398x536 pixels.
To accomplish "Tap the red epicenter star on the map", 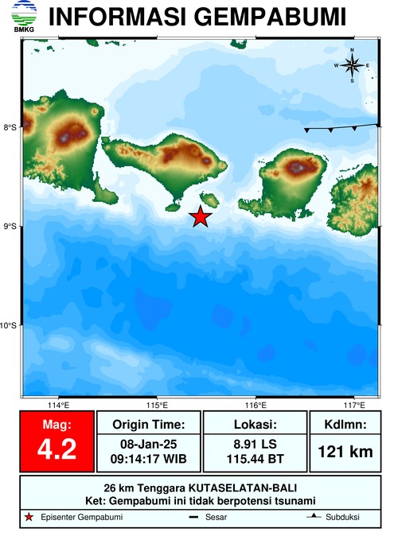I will pos(201,216).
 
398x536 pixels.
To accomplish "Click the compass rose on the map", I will pos(352,65).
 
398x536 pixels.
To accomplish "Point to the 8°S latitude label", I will pos(10,127).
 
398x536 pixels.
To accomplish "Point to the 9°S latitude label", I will pos(10,227).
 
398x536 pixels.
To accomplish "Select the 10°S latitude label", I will pos(10,325).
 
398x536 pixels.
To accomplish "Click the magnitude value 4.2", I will pos(57,449).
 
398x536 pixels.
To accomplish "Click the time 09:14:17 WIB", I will pos(149,459).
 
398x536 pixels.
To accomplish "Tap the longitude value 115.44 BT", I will pos(254,459).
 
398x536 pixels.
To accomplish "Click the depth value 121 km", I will pos(345,452).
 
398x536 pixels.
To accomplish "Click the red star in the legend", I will pos(29,518).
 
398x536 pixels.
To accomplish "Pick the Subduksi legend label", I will pos(342,518).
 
